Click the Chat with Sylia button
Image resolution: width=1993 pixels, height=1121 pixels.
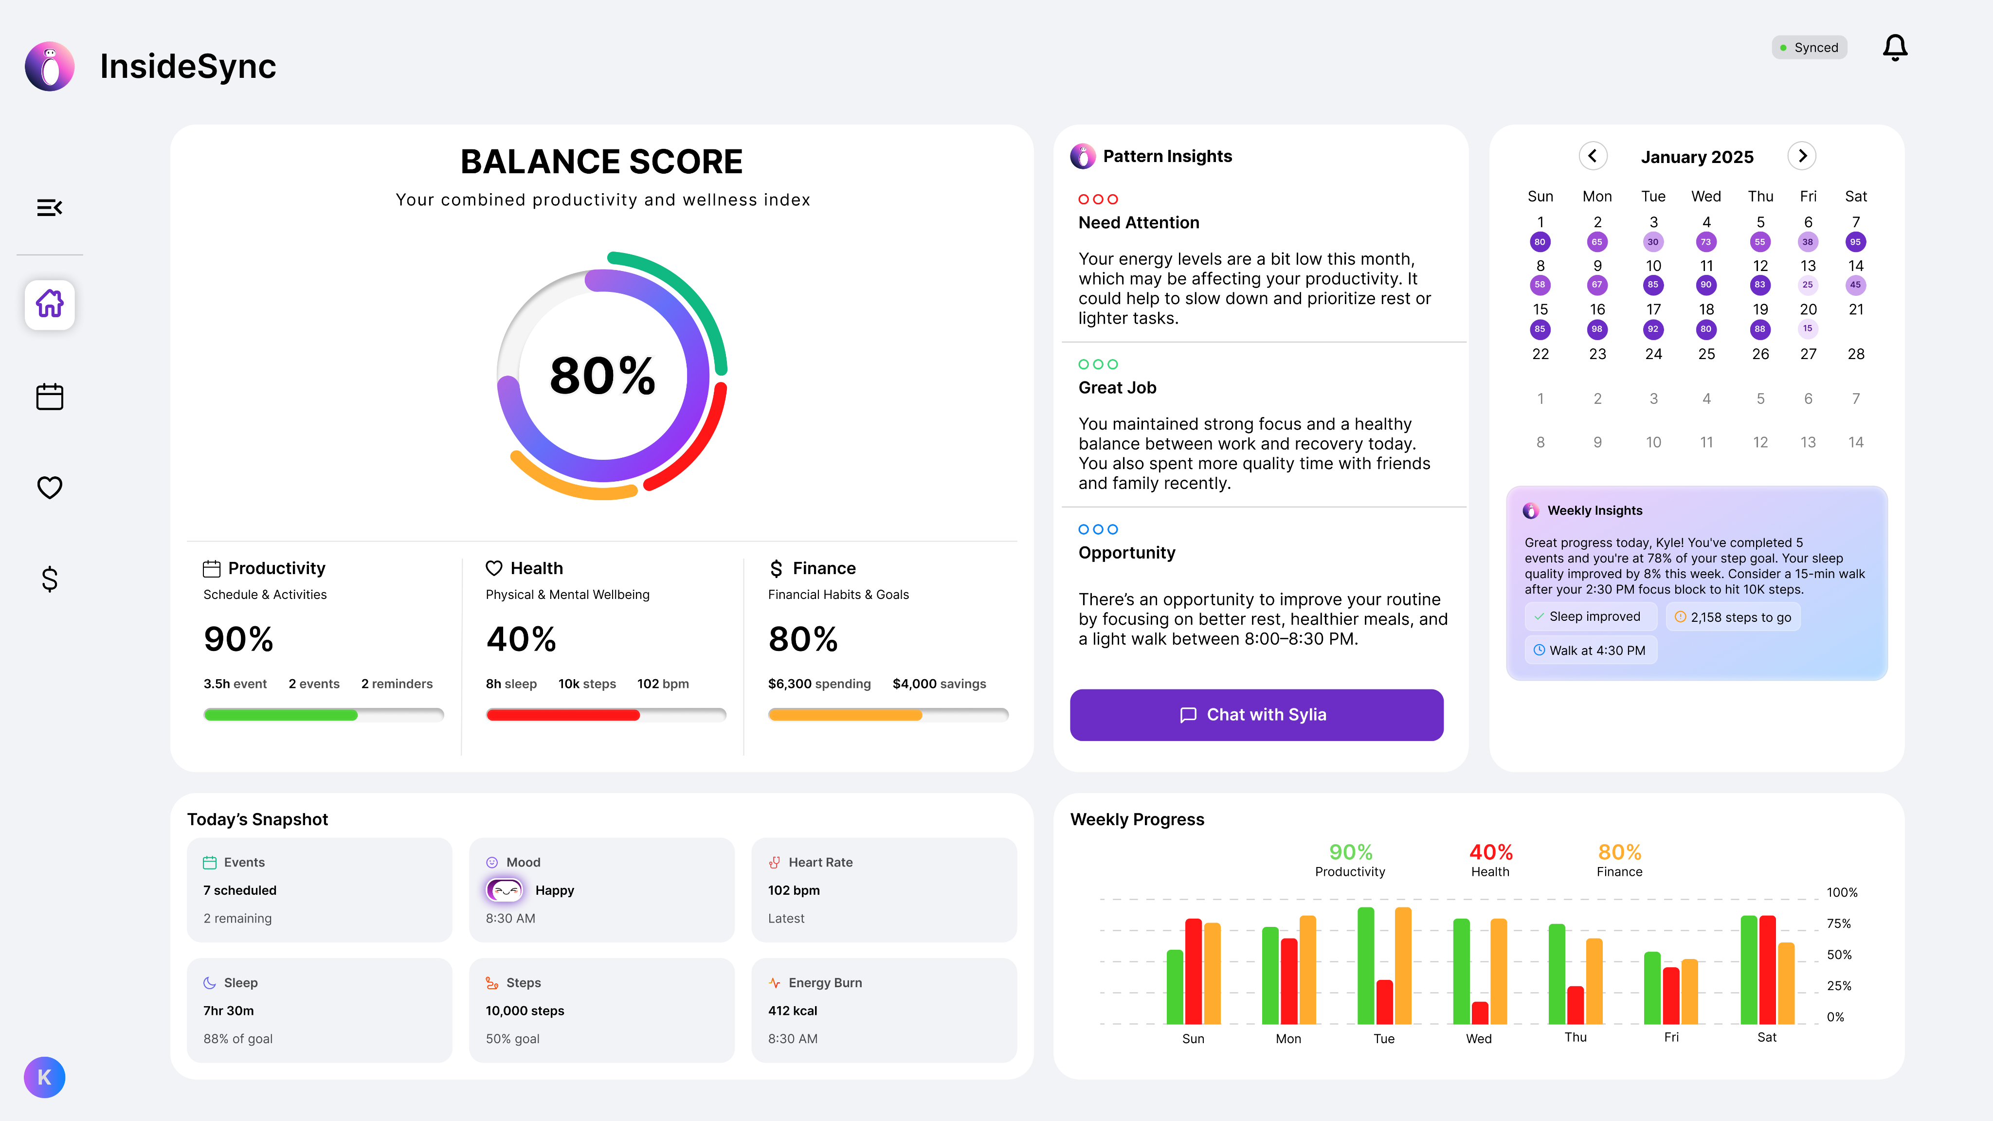1256,715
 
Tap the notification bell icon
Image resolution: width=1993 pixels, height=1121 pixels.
1895,48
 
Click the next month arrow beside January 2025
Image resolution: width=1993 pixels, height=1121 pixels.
1802,156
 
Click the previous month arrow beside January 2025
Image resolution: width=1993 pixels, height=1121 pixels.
1592,156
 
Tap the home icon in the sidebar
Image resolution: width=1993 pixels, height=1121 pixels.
50,304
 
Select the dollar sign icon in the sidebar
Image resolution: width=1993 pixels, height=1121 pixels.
50,579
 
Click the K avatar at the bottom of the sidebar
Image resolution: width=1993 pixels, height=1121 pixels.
45,1077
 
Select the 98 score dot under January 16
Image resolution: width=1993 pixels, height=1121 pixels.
1597,329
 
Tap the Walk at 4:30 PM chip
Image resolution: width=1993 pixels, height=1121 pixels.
1590,651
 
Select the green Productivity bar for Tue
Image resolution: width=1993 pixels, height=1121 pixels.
1365,965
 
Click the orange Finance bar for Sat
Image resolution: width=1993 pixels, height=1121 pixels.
1786,982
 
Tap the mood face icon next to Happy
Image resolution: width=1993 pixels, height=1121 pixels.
505,890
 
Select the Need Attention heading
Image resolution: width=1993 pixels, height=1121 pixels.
1138,223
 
